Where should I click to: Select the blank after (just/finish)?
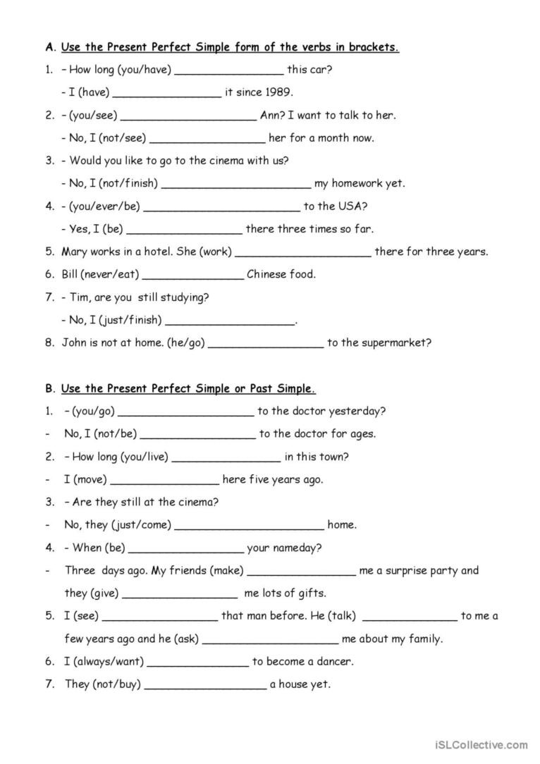[229, 321]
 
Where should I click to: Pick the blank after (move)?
[165, 481]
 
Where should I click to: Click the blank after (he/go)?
[266, 344]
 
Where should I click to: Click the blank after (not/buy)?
[205, 685]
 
